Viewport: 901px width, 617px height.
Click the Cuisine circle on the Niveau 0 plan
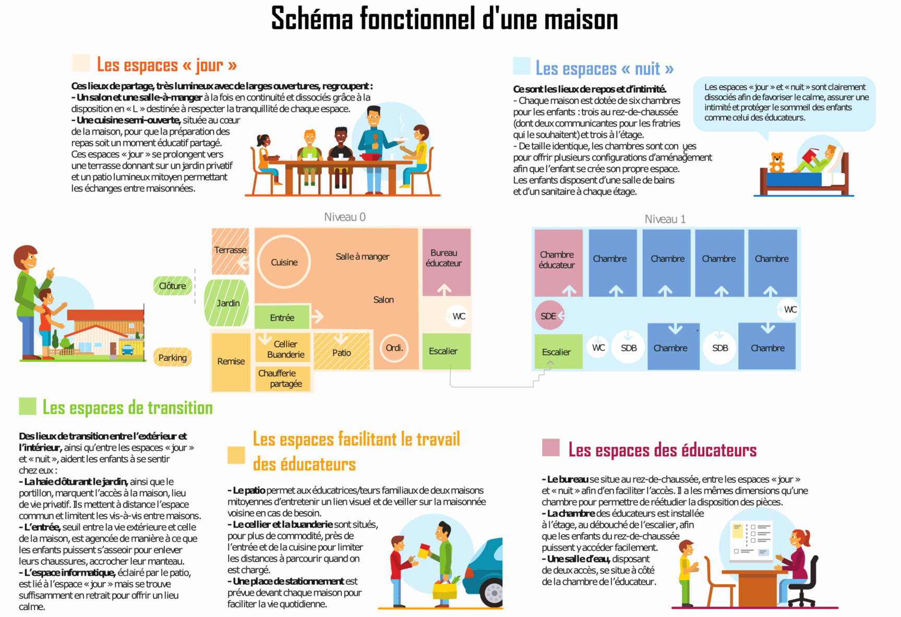coord(284,262)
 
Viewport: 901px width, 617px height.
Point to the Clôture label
coord(173,286)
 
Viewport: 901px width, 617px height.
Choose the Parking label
coord(173,357)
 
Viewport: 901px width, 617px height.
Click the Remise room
coord(231,361)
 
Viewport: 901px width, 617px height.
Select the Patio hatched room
coord(342,352)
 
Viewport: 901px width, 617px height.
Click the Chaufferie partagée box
coord(283,379)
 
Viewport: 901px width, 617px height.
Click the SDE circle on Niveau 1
coord(549,316)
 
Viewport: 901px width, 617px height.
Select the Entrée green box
coord(282,317)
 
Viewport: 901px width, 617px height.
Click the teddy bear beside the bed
coord(777,162)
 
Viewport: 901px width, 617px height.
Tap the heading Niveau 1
coord(665,219)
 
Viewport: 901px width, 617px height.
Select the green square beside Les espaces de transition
coord(28,406)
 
